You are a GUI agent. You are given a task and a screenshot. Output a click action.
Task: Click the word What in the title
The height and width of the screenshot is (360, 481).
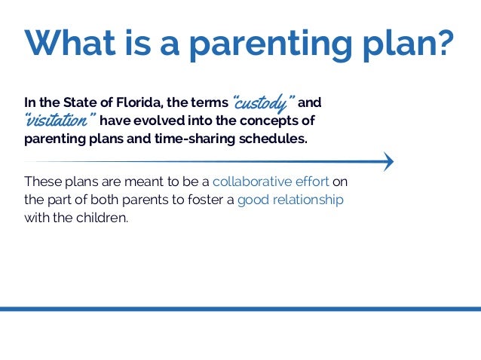70,42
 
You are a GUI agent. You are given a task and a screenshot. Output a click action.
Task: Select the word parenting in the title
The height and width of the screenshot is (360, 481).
271,45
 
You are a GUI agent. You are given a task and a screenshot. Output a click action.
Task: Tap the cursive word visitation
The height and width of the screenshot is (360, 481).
60,120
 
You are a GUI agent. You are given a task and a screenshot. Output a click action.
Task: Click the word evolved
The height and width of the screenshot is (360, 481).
159,121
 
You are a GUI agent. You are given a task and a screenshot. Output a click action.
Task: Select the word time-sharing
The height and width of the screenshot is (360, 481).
195,139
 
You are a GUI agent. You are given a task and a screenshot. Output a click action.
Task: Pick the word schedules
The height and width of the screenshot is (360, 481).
273,139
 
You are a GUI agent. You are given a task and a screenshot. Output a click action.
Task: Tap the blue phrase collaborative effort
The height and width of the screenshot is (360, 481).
271,182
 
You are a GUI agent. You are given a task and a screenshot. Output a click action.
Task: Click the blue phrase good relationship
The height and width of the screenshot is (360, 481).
290,200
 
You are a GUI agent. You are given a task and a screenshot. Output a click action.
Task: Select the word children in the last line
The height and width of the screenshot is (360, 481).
102,218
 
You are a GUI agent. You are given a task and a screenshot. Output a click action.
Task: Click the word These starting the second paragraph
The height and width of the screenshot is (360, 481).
43,182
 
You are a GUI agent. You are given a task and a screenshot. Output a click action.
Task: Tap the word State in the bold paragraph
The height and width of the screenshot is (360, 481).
80,102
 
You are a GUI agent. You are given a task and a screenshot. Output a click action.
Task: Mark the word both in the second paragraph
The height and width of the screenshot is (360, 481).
104,200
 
